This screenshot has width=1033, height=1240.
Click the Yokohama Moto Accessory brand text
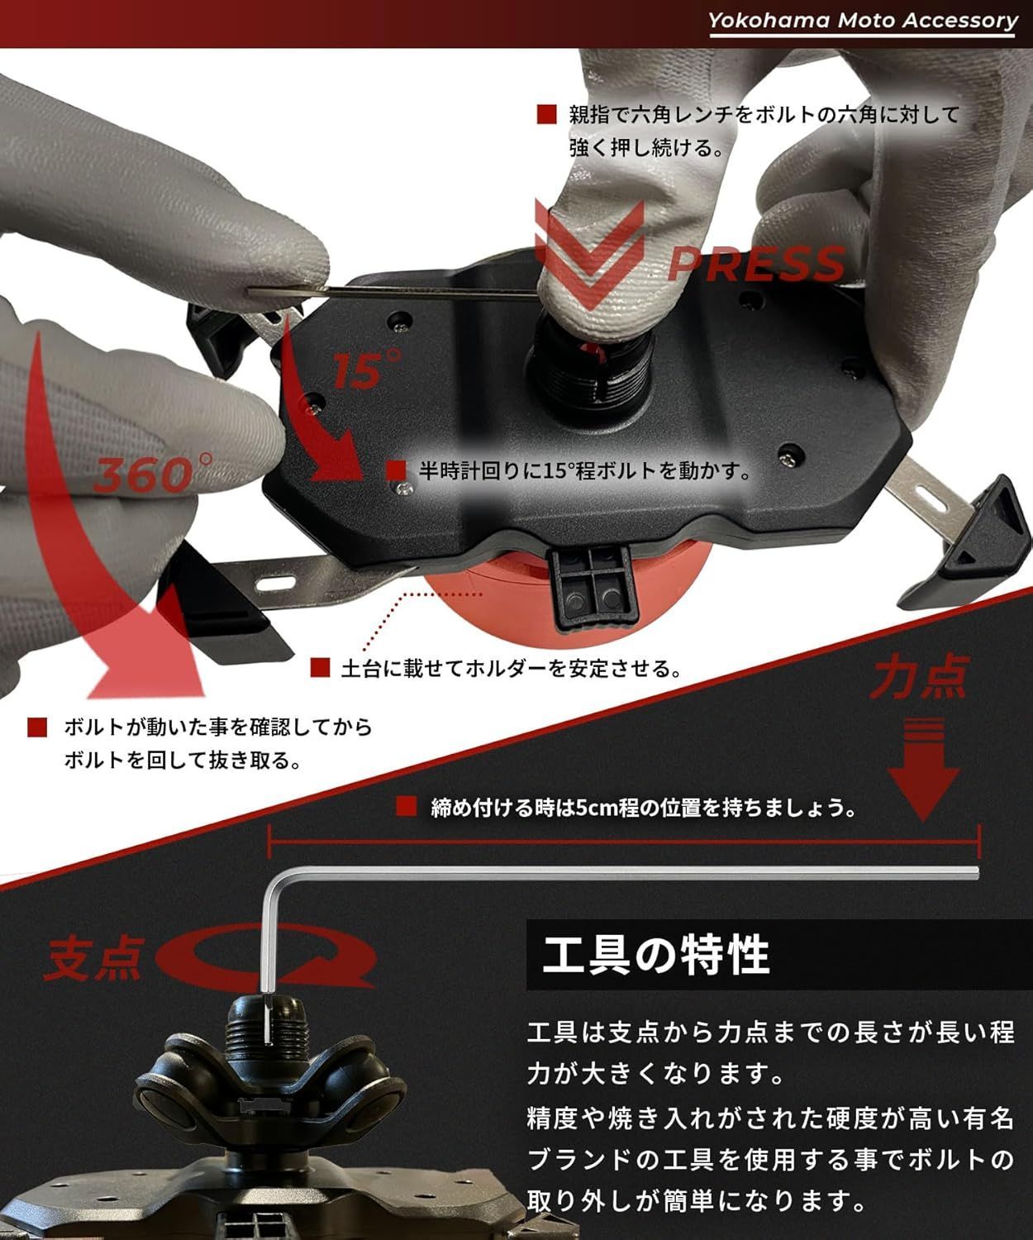863,21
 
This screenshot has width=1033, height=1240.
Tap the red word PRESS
756,263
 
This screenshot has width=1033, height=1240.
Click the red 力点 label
918,680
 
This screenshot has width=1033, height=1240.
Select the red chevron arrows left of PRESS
588,248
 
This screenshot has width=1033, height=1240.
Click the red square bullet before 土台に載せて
321,667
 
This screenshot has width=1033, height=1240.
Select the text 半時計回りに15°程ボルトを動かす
585,471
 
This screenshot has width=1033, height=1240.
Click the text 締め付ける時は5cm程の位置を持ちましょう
643,807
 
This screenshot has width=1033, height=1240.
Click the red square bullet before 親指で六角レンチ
546,114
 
